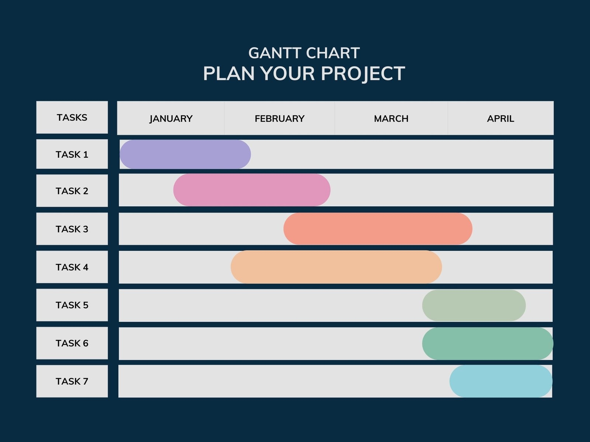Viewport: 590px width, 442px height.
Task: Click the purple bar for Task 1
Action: pos(185,154)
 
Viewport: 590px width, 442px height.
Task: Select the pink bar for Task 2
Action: pos(252,190)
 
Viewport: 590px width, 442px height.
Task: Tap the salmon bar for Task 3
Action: pos(378,229)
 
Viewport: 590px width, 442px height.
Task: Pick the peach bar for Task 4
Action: pos(336,267)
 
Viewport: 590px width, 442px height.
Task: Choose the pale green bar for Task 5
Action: pos(474,305)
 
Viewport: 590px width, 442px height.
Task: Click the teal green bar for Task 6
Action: pos(487,343)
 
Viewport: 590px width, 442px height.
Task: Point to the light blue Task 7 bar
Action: pos(501,381)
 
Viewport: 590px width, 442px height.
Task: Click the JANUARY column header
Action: pos(171,119)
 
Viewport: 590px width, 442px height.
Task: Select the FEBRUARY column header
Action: pos(280,119)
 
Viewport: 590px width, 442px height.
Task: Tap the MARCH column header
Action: pos(391,119)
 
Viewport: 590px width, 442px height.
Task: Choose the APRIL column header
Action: pos(500,119)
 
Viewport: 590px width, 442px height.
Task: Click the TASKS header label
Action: pos(72,117)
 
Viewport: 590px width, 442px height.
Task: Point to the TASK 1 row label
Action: pos(72,154)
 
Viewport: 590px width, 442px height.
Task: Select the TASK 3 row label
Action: pos(72,229)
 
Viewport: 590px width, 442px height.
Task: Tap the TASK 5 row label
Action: pos(72,305)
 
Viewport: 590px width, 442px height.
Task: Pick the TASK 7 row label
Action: pos(72,381)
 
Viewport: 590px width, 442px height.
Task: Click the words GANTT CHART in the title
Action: pos(304,53)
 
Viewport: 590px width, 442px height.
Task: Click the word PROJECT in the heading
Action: pos(363,74)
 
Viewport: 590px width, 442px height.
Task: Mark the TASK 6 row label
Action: pos(72,343)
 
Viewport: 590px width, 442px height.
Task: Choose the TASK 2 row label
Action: pos(72,191)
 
